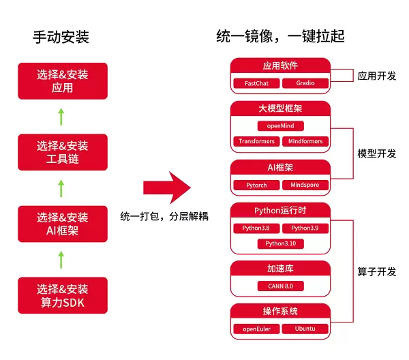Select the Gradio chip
click(x=304, y=83)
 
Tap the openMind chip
click(x=280, y=126)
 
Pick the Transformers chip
click(x=256, y=142)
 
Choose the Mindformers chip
click(x=305, y=142)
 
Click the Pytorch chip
click(x=256, y=185)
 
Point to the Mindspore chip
click(x=305, y=185)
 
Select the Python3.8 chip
click(x=256, y=228)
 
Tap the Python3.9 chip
click(x=305, y=228)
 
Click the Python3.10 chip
click(x=280, y=243)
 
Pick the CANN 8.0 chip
click(x=280, y=286)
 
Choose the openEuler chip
click(x=256, y=329)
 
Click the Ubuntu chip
click(x=305, y=329)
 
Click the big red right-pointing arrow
click(x=166, y=188)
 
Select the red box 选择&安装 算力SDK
click(x=63, y=295)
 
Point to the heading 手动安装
click(x=61, y=37)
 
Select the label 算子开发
click(x=376, y=271)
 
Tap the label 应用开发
click(x=376, y=76)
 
